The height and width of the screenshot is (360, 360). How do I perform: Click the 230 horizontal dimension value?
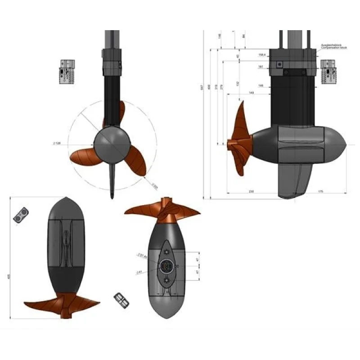pyautogui.click(x=251, y=191)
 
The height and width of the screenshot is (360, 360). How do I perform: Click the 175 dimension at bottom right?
pyautogui.click(x=320, y=191)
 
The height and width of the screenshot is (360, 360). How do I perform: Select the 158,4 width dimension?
pyautogui.click(x=262, y=54)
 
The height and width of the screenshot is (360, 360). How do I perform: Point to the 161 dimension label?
pyautogui.click(x=261, y=66)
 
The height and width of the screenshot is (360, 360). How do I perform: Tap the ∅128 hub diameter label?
pyautogui.click(x=57, y=143)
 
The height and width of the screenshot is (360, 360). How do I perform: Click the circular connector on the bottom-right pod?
pyautogui.click(x=166, y=266)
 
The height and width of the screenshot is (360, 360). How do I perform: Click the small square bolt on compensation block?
pyautogui.click(x=279, y=64)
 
